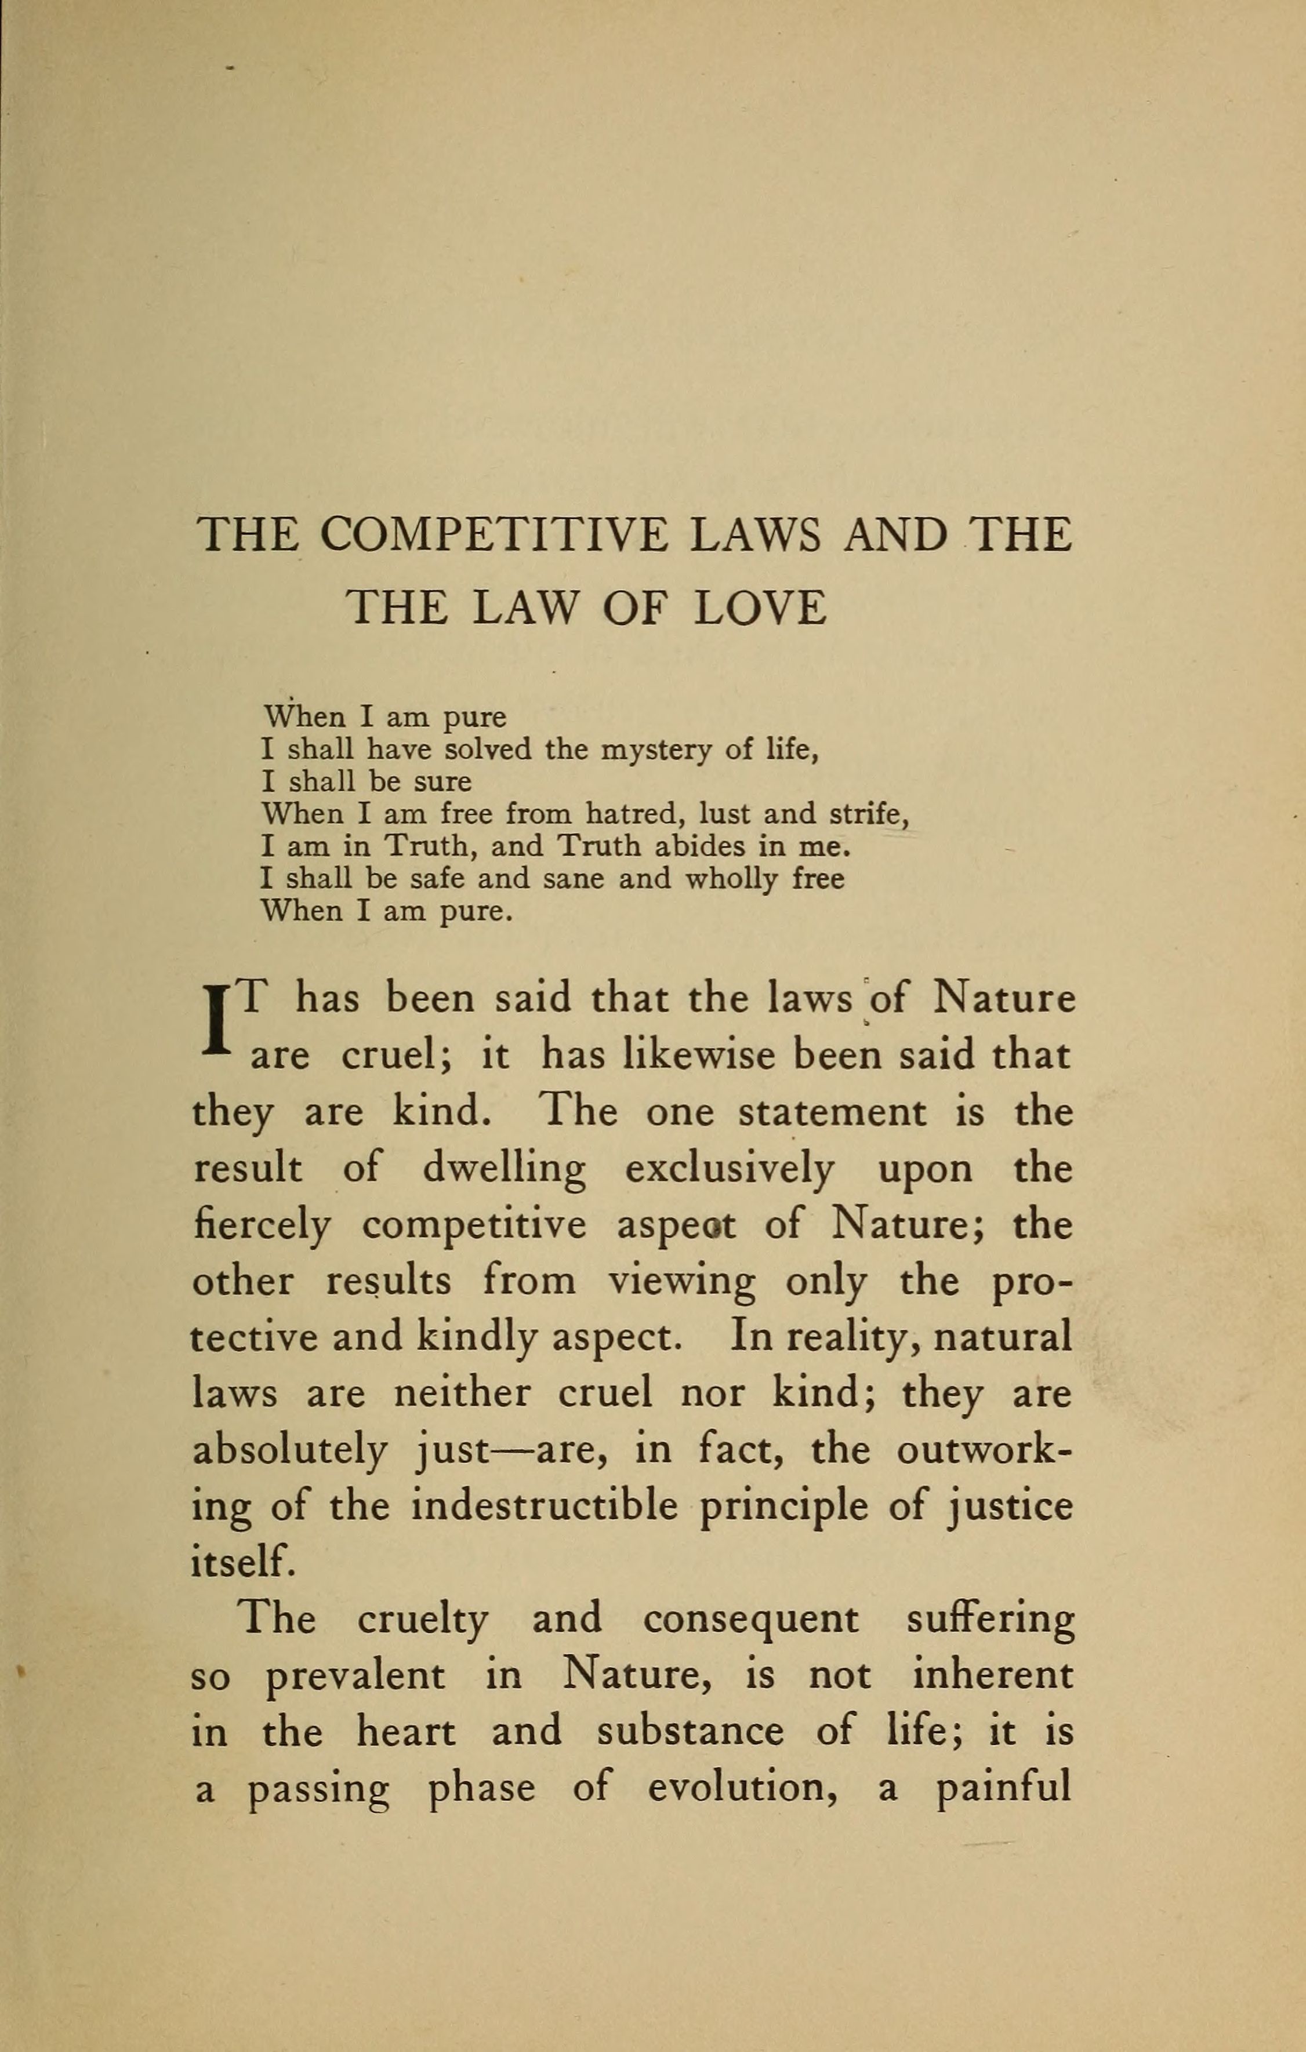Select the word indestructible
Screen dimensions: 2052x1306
(x=544, y=1507)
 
